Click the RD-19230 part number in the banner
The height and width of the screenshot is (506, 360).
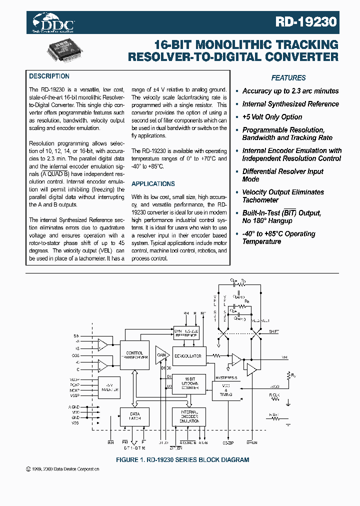(x=306, y=22)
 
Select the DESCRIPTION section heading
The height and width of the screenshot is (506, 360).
(x=49, y=76)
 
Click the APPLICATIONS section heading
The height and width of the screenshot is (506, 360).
(x=153, y=184)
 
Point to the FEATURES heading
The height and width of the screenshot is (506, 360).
(x=288, y=78)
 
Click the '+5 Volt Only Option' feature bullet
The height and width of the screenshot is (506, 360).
(x=272, y=117)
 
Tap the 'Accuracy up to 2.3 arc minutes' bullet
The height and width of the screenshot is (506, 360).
(x=290, y=91)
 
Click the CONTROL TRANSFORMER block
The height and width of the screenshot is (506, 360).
(x=134, y=355)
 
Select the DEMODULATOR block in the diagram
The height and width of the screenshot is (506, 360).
(x=188, y=355)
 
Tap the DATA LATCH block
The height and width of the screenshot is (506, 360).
(x=134, y=416)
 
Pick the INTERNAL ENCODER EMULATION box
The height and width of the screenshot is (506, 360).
(x=188, y=416)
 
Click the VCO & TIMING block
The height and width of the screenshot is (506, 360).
(x=225, y=391)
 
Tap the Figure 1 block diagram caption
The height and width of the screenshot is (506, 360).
(x=182, y=459)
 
